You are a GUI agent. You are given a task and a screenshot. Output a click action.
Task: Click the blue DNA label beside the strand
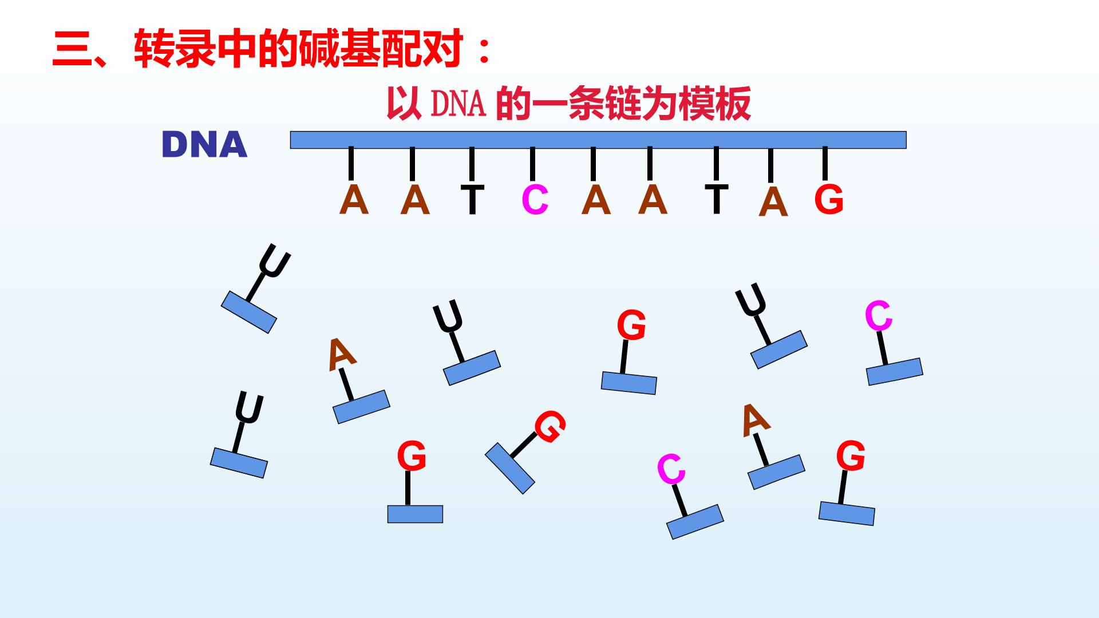click(x=204, y=145)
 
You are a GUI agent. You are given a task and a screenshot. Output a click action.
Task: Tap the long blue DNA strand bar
click(x=598, y=140)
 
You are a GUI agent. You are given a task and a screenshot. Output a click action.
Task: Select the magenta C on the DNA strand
click(x=535, y=200)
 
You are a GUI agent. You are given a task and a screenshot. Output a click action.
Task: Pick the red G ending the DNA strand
click(x=829, y=200)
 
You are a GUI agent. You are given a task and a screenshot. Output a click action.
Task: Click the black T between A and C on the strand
click(x=472, y=200)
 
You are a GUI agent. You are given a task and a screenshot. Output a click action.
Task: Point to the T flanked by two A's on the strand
click(x=716, y=199)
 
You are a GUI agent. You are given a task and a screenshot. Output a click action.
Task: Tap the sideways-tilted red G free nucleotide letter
click(x=549, y=427)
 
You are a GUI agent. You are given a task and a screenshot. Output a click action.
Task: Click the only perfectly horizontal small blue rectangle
click(x=415, y=514)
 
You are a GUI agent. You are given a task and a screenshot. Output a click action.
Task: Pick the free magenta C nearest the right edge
click(x=879, y=316)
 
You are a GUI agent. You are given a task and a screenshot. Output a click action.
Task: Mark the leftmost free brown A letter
click(x=342, y=354)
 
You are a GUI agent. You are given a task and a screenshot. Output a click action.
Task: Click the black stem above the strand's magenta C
click(x=532, y=164)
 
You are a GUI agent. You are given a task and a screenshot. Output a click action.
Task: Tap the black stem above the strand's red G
click(x=825, y=163)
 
